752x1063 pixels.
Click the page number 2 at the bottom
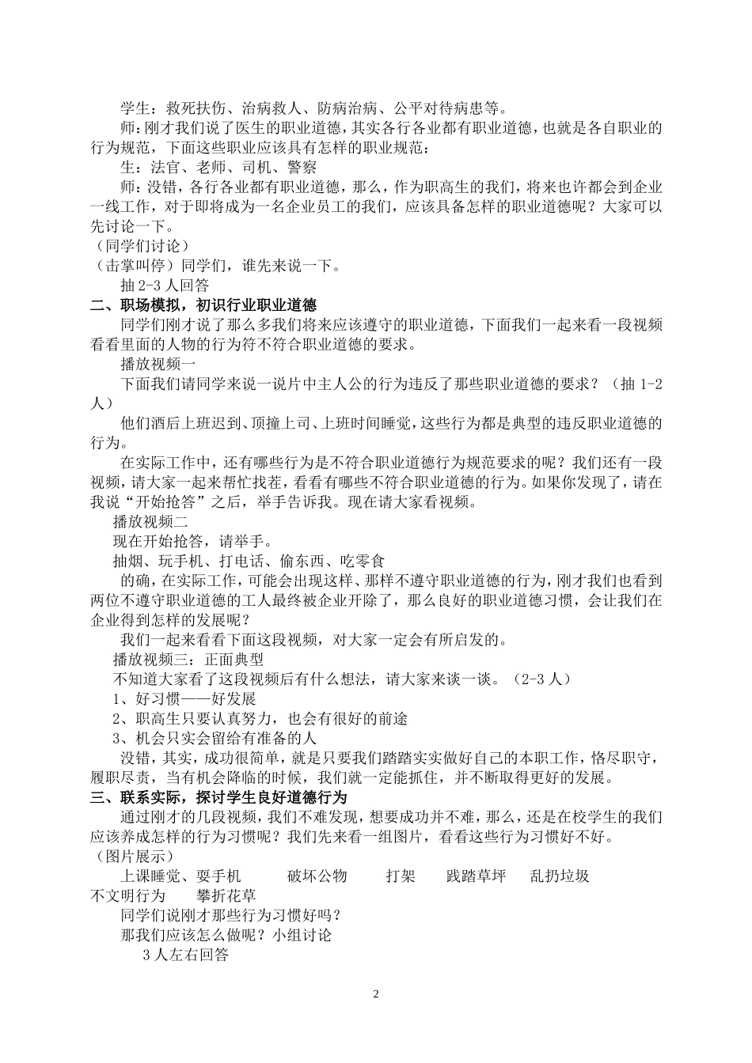376,993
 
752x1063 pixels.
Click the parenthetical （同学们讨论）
139,246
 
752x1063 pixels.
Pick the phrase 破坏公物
317,876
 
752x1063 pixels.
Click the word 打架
401,876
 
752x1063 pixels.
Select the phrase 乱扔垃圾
559,876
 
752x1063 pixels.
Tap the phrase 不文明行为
128,895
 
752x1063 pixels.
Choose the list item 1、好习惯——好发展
184,698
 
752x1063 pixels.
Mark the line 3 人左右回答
185,955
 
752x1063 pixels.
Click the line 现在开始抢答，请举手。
193,541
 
